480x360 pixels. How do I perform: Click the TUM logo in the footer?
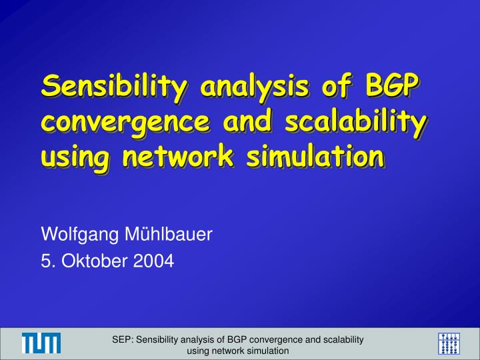point(41,343)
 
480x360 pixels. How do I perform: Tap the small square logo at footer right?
point(449,343)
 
